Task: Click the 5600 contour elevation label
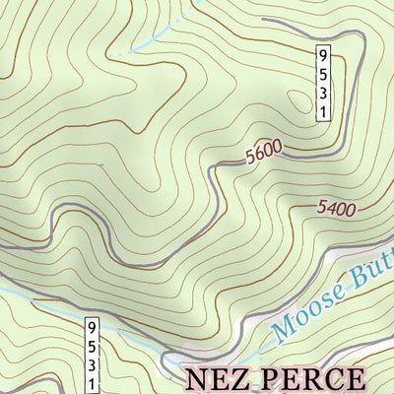[x=264, y=150]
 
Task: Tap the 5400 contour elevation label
[x=336, y=208]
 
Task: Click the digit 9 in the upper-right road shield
[x=322, y=55]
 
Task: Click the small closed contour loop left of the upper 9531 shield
[x=296, y=98]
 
